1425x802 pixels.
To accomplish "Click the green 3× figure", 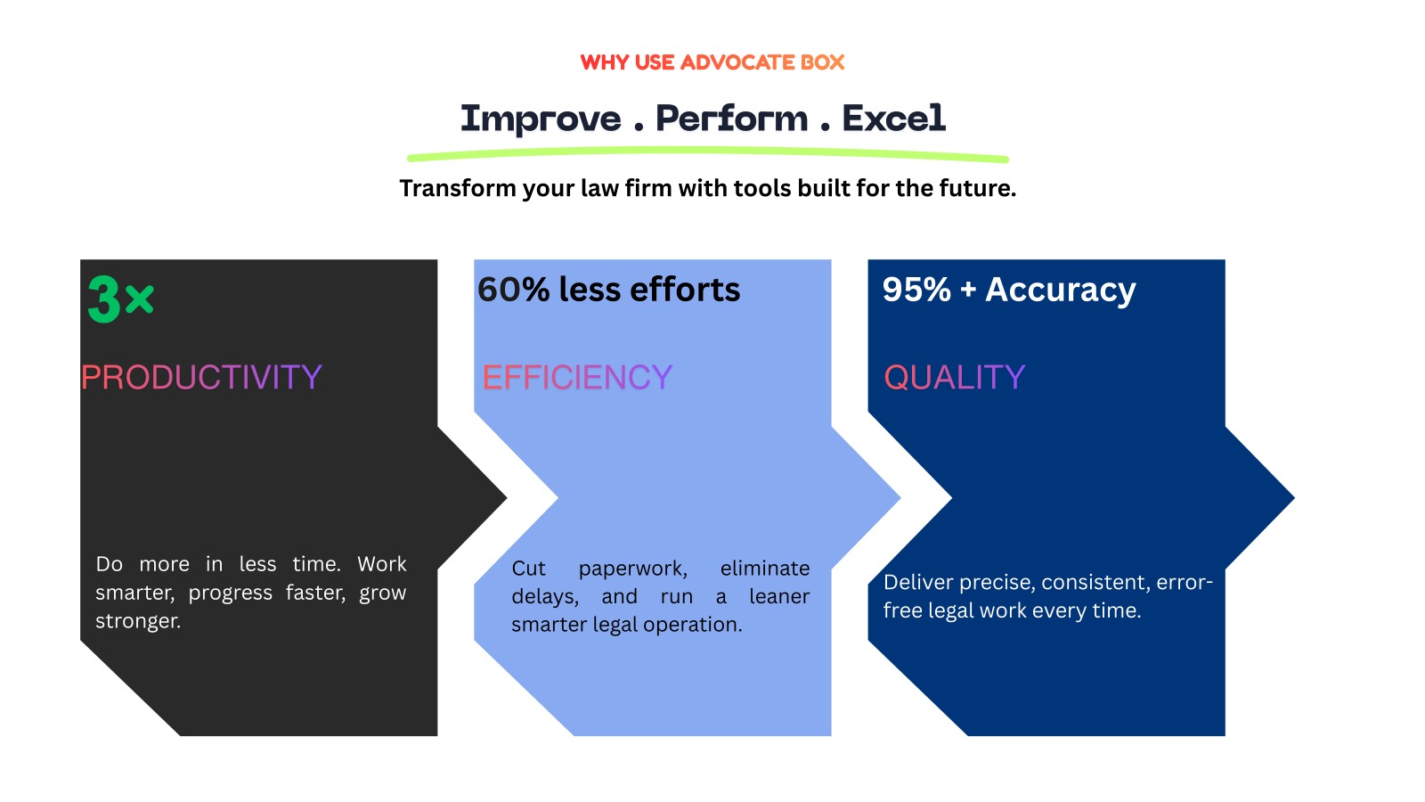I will [x=120, y=299].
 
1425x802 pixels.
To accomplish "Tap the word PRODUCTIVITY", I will [x=201, y=378].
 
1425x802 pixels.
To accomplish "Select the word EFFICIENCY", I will [x=577, y=378].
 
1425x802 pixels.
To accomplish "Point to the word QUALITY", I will [x=954, y=378].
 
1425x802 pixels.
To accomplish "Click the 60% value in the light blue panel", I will [x=513, y=290].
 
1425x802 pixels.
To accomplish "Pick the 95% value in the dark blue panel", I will [x=916, y=290].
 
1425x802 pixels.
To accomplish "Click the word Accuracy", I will [x=1060, y=291].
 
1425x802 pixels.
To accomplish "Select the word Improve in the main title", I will [x=541, y=119].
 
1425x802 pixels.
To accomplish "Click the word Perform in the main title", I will [x=732, y=119].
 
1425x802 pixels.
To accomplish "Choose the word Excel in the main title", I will [x=893, y=119].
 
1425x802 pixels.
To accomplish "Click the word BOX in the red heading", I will [x=822, y=62].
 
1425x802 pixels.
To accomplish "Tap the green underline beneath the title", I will [x=707, y=155].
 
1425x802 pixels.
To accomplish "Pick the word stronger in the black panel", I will [x=137, y=621].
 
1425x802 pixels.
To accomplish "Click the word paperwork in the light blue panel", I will [x=632, y=569].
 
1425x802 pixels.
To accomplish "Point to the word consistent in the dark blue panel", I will [x=1095, y=583].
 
